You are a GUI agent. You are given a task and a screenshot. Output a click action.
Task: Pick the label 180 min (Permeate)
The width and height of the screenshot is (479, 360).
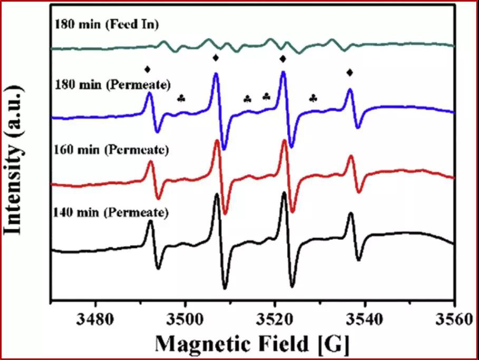(x=111, y=84)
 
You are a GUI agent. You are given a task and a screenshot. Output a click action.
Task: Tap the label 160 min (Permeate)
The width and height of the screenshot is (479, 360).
(x=111, y=150)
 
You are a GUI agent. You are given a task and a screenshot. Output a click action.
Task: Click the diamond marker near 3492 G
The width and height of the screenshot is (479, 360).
(x=148, y=69)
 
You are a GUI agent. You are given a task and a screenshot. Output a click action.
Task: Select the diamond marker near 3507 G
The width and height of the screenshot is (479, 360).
(x=215, y=57)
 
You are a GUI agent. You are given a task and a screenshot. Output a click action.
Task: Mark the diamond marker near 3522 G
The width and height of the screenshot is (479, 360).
(x=283, y=58)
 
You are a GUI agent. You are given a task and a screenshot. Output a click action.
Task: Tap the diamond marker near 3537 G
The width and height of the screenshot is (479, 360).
(x=349, y=72)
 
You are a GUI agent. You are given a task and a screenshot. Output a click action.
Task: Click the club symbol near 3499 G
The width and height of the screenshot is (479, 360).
(x=181, y=98)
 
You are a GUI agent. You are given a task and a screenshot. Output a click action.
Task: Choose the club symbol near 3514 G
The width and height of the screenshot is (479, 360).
(x=247, y=99)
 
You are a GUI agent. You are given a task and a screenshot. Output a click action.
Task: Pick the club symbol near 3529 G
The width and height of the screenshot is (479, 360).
(x=313, y=98)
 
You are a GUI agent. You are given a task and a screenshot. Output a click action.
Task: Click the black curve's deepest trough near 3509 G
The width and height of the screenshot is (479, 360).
(x=225, y=288)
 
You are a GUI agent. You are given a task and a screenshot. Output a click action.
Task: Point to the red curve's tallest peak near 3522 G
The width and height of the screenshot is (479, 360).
(x=285, y=140)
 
